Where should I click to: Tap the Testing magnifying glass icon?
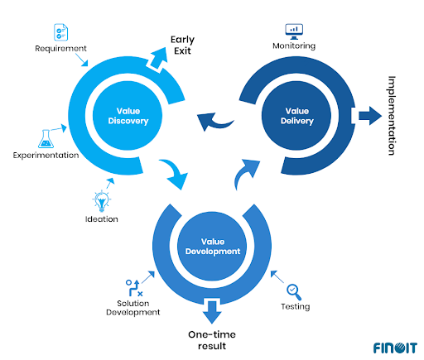(295, 290)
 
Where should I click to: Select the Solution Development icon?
(133, 288)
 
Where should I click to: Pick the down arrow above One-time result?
(212, 312)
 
